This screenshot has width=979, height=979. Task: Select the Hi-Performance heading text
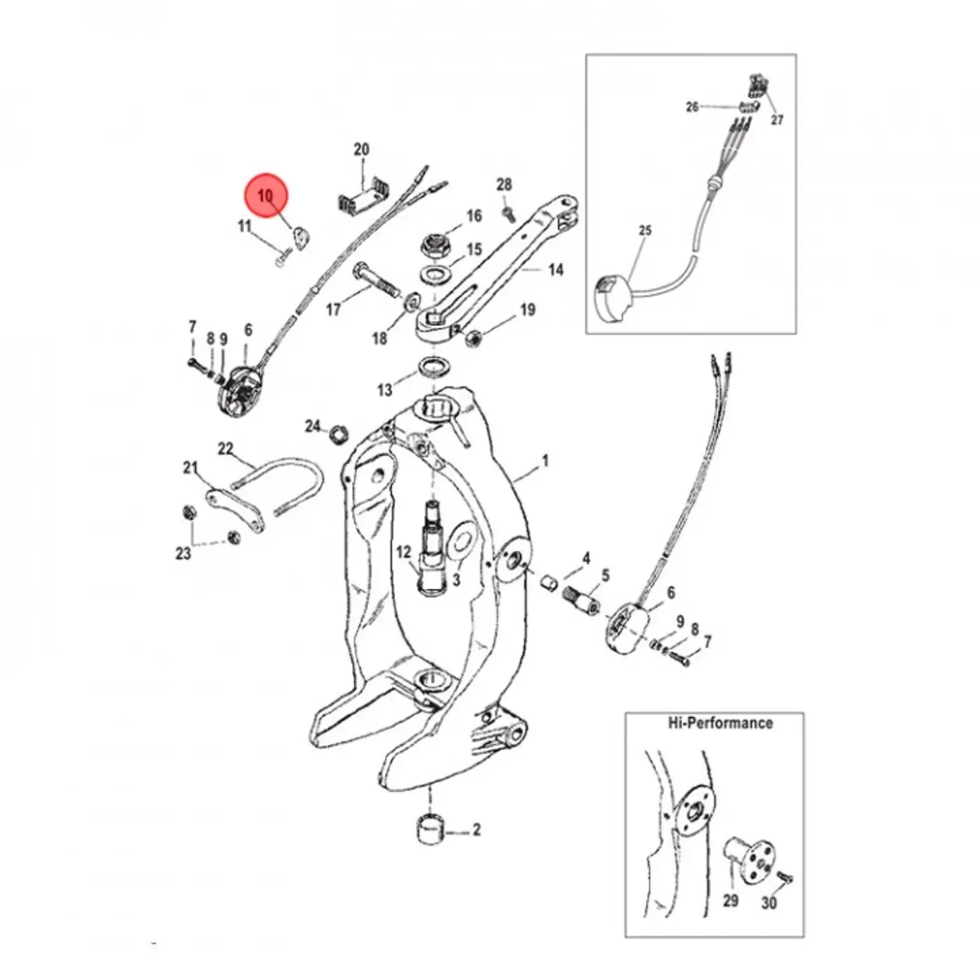(719, 723)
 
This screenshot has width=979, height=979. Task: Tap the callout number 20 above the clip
(361, 149)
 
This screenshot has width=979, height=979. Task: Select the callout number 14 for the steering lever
(556, 269)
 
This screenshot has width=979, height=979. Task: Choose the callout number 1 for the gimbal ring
(545, 463)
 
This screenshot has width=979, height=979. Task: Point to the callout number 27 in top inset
(777, 119)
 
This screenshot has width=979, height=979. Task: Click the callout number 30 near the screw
(769, 902)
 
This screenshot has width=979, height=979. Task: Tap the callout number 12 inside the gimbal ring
(404, 553)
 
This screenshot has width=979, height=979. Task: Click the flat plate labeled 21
(237, 509)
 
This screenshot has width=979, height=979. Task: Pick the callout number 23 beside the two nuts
(184, 553)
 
